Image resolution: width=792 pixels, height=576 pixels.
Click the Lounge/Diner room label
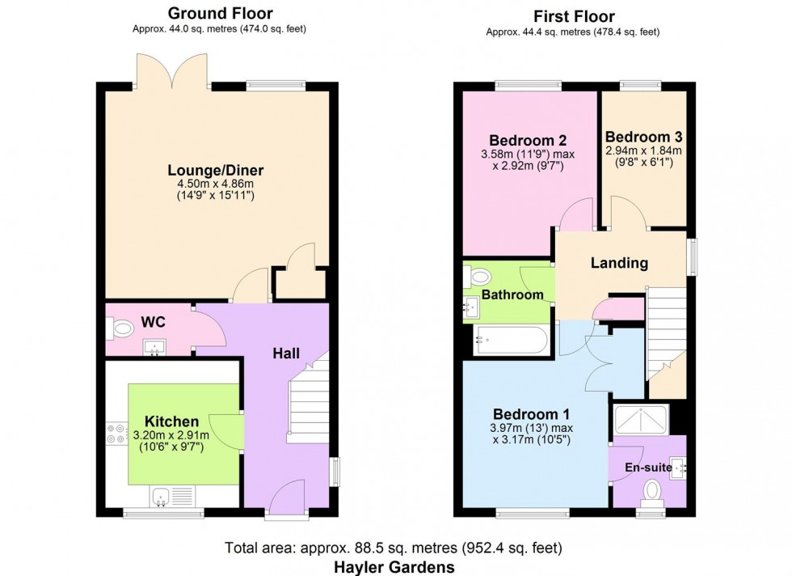point(216,171)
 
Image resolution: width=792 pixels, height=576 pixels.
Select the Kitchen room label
point(171,421)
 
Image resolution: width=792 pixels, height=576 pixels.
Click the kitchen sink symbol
point(161,495)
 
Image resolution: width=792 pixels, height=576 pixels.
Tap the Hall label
point(285,353)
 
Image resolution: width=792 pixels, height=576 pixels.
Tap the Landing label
point(619,263)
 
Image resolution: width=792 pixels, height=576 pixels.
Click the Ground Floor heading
point(220,13)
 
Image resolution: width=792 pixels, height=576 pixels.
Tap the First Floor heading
point(574,16)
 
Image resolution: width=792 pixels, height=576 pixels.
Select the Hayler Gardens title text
point(395,567)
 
